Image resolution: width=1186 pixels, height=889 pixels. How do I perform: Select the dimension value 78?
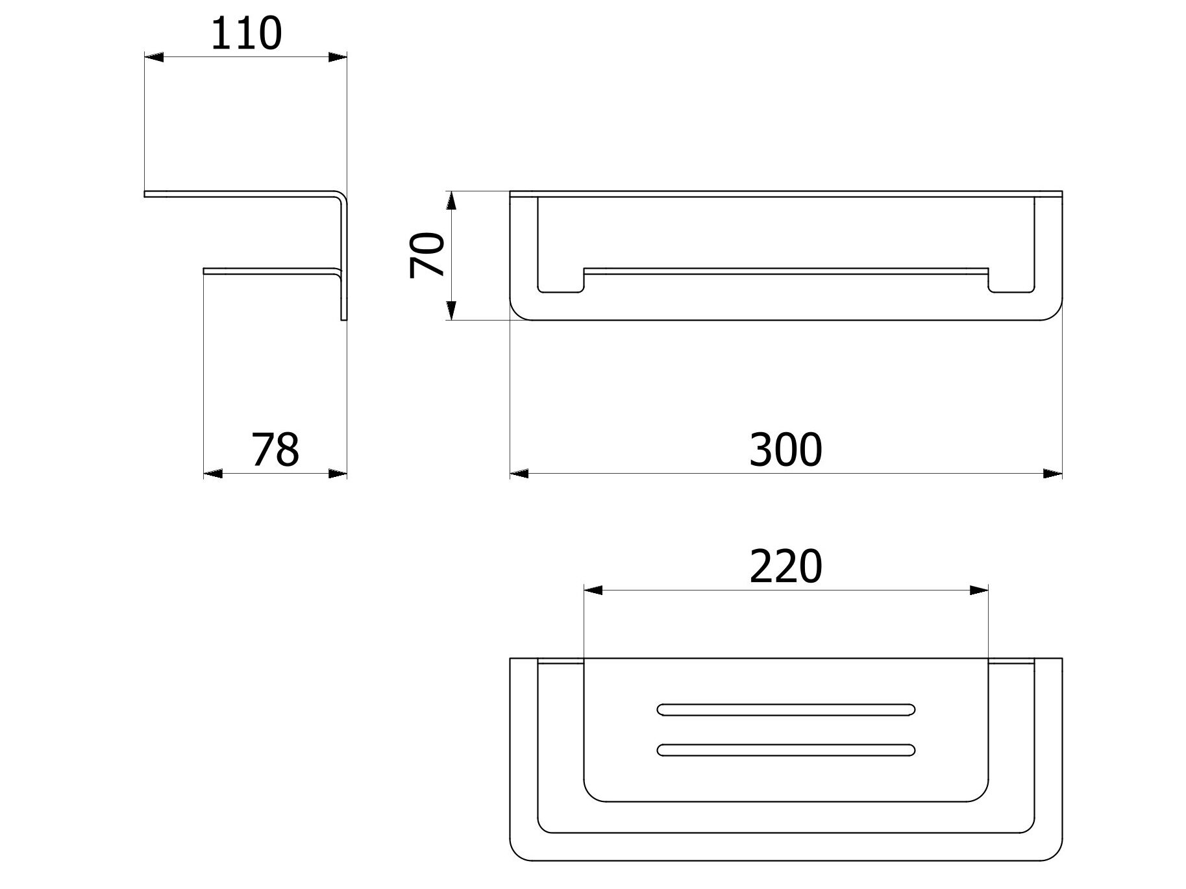(x=275, y=449)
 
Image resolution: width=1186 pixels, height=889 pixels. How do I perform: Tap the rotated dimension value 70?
(x=427, y=256)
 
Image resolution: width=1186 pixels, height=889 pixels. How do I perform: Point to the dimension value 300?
(x=785, y=449)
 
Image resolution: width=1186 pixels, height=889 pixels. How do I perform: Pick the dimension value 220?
(x=785, y=566)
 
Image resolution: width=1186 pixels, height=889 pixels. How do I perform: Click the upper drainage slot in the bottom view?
(x=786, y=709)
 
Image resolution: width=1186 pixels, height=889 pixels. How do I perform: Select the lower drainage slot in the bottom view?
(x=786, y=750)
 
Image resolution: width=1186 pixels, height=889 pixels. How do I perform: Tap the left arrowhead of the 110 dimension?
(x=153, y=58)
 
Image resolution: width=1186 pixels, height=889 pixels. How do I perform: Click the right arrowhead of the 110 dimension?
(x=338, y=58)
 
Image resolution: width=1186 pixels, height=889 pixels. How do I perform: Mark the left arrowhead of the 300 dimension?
(x=519, y=474)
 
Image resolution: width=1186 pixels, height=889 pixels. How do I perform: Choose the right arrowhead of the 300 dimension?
(x=1053, y=474)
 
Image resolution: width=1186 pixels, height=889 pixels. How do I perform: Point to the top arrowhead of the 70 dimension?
(x=452, y=201)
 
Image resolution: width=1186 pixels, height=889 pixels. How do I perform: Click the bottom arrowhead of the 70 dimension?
(x=452, y=311)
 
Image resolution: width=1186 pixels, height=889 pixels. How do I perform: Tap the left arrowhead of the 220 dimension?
(x=593, y=591)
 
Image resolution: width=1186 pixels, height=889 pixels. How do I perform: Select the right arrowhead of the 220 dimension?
(x=979, y=591)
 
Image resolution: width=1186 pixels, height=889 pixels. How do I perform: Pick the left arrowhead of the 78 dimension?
(x=213, y=474)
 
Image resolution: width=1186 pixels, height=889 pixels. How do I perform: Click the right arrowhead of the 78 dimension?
(x=338, y=474)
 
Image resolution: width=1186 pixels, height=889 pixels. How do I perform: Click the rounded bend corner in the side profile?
(x=341, y=197)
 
